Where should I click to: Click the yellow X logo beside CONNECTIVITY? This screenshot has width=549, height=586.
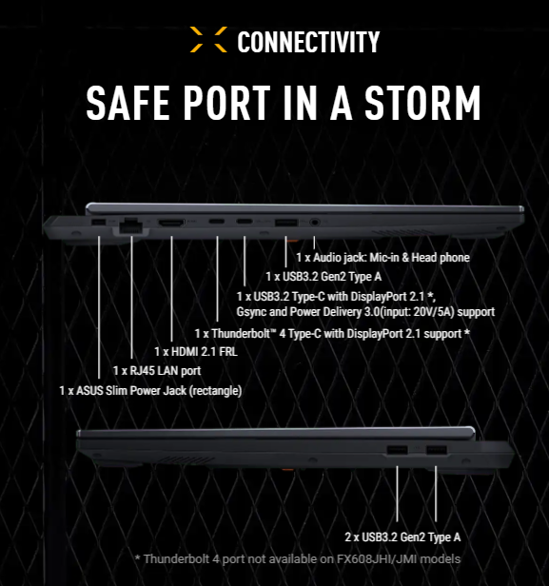(x=208, y=39)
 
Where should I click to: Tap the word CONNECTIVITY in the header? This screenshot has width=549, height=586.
(x=308, y=42)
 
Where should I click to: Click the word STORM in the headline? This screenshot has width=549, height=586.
(x=422, y=103)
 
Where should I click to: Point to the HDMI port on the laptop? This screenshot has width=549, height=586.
(x=171, y=224)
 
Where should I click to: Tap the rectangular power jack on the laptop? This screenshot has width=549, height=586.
(x=98, y=222)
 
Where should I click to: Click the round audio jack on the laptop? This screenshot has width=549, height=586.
(x=315, y=222)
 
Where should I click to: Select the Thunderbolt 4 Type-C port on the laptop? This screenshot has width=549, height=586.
(x=217, y=222)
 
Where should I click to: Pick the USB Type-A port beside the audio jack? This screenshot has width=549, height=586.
(x=286, y=223)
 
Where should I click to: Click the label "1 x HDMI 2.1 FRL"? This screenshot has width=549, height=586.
(x=196, y=352)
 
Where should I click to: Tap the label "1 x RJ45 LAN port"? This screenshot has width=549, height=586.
(x=157, y=371)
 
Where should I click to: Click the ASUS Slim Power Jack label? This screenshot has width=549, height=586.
(x=150, y=391)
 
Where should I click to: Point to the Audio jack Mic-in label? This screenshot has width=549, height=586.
(x=383, y=258)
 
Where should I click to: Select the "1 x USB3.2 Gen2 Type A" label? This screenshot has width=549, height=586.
(x=324, y=277)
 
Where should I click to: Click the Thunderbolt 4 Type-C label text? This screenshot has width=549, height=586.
(x=332, y=334)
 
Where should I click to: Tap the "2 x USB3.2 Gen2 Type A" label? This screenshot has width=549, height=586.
(x=402, y=537)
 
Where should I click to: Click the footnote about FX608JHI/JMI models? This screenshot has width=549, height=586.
(x=298, y=559)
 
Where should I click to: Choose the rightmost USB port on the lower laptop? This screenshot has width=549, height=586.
(x=437, y=450)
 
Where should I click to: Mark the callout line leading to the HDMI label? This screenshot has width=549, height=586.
(x=171, y=288)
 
